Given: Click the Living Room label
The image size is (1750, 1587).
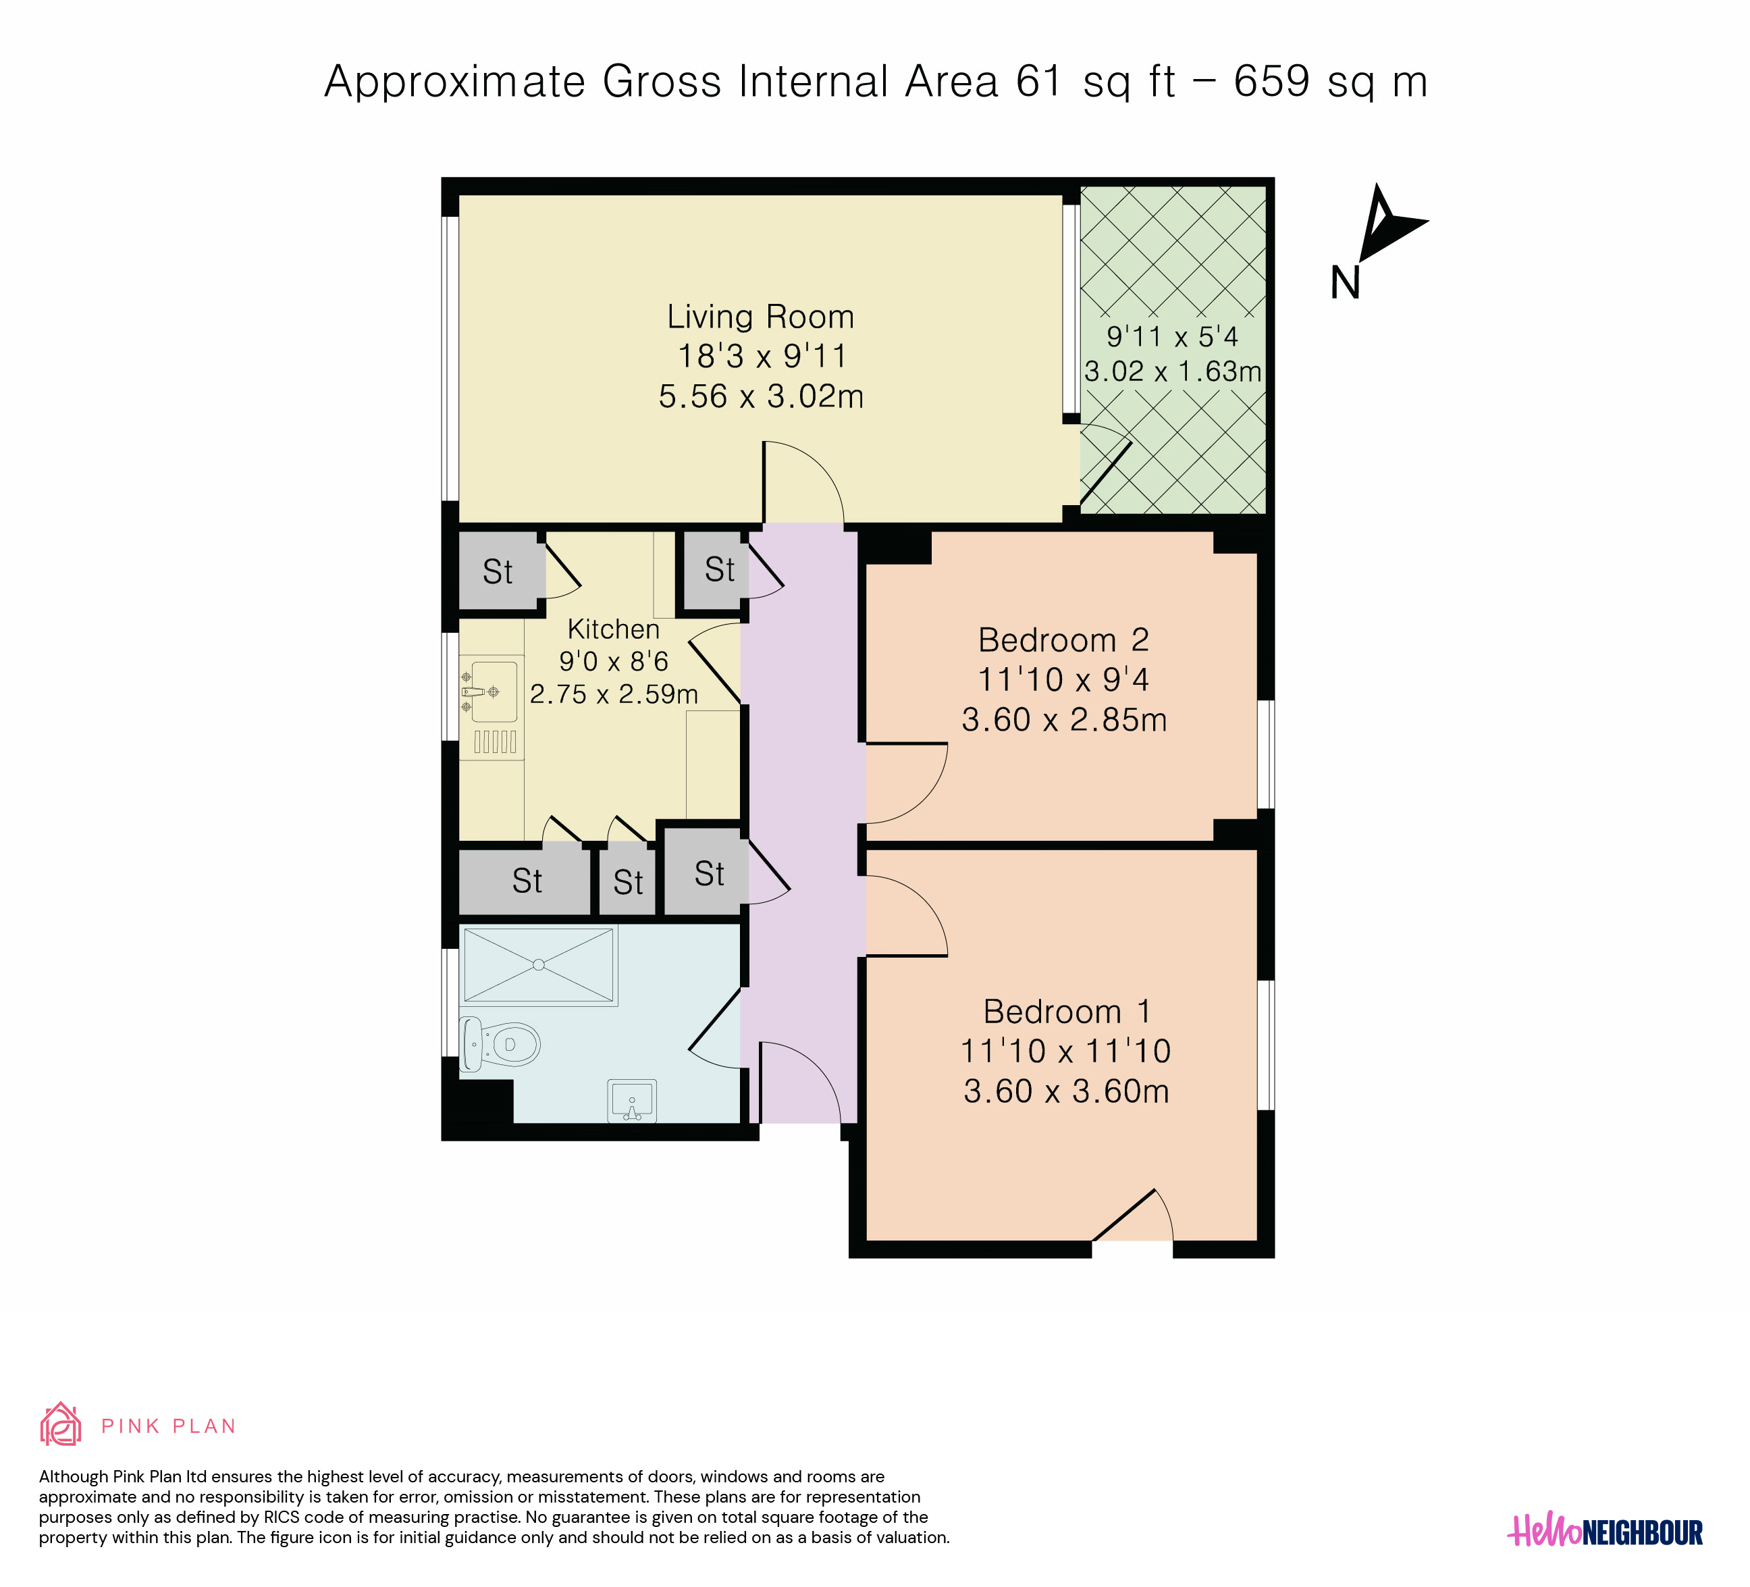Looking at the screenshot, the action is click(760, 317).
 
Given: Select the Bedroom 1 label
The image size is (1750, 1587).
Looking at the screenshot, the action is click(1067, 1012).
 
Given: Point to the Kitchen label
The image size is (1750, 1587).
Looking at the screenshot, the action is click(614, 629).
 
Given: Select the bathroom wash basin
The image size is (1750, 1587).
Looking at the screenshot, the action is click(632, 1101).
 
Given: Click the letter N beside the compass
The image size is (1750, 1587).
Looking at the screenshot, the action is click(1346, 283).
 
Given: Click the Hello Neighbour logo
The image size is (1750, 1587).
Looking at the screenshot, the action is click(1605, 1530).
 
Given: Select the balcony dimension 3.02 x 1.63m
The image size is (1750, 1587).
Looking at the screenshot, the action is click(1173, 371).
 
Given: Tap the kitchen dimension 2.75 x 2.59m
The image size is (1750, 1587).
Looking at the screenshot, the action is click(614, 694).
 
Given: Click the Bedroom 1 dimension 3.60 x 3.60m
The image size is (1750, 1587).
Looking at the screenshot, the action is click(1067, 1091).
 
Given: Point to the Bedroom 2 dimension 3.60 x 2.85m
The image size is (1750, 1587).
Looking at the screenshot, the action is click(1064, 720).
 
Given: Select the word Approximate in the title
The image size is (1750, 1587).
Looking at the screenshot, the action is click(456, 82).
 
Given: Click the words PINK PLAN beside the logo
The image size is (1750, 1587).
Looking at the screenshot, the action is click(168, 1426).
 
